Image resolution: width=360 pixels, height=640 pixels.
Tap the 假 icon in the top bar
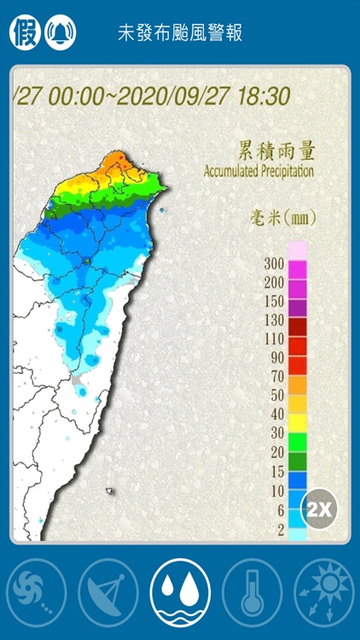[x=24, y=32]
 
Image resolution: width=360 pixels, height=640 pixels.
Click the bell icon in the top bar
[x=60, y=32]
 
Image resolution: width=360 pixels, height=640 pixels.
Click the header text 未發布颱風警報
[x=180, y=33]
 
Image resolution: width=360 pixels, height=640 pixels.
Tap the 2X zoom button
[x=320, y=509]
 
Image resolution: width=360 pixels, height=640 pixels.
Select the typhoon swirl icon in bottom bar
[x=37, y=592]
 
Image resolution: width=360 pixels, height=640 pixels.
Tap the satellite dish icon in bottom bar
[x=108, y=592]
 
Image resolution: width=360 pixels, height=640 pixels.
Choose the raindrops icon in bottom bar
[x=180, y=592]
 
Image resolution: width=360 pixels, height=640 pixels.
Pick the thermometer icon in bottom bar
[x=252, y=592]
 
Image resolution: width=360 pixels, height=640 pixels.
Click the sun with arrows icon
[x=323, y=592]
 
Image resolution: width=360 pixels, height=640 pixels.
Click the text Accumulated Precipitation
[x=258, y=172]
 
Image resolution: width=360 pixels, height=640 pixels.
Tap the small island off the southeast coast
[x=109, y=491]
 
